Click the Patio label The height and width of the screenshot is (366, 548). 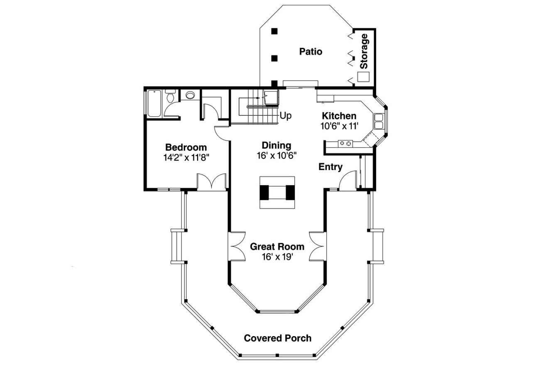pyautogui.click(x=311, y=52)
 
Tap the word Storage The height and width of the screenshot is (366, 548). pyautogui.click(x=364, y=51)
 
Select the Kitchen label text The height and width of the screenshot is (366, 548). pyautogui.click(x=339, y=116)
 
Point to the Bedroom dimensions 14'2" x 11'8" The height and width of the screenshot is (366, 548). pyautogui.click(x=186, y=157)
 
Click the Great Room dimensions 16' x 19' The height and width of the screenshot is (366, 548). pyautogui.click(x=277, y=257)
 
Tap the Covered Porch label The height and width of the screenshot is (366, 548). pyautogui.click(x=277, y=338)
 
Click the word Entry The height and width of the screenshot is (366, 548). pyautogui.click(x=330, y=167)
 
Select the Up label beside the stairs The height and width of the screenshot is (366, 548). pyautogui.click(x=285, y=116)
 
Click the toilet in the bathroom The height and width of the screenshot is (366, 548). pyautogui.click(x=170, y=97)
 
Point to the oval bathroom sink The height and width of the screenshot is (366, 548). pyautogui.click(x=190, y=95)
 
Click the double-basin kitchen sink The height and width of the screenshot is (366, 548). pyautogui.click(x=379, y=121)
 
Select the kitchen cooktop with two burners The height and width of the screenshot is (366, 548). pyautogui.click(x=345, y=143)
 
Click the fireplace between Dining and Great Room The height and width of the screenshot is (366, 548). pyautogui.click(x=277, y=193)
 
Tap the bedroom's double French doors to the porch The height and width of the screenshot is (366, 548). pyautogui.click(x=212, y=182)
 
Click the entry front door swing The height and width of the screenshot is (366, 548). pyautogui.click(x=347, y=181)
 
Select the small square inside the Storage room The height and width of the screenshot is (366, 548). pyautogui.click(x=363, y=77)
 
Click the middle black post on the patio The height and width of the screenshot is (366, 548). pyautogui.click(x=274, y=58)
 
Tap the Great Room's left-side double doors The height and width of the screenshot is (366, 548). pyautogui.click(x=237, y=246)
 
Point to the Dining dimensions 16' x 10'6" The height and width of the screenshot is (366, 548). pyautogui.click(x=276, y=155)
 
